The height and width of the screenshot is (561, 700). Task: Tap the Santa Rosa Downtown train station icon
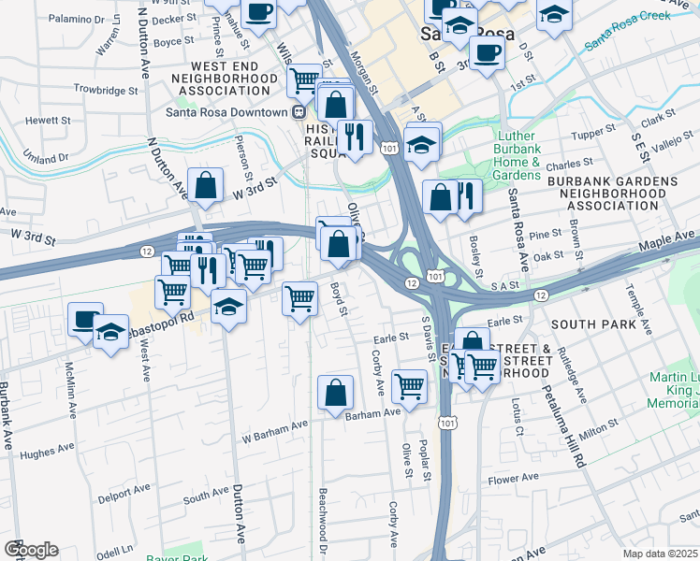(x=299, y=112)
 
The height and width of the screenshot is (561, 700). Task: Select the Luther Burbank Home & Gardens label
(x=518, y=155)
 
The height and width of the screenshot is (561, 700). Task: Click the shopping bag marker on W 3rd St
(x=205, y=186)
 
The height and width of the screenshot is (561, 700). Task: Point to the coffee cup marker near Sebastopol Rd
(x=85, y=320)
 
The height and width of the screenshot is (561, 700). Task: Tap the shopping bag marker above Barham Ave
(x=335, y=394)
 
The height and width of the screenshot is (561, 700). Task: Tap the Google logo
(x=30, y=549)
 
